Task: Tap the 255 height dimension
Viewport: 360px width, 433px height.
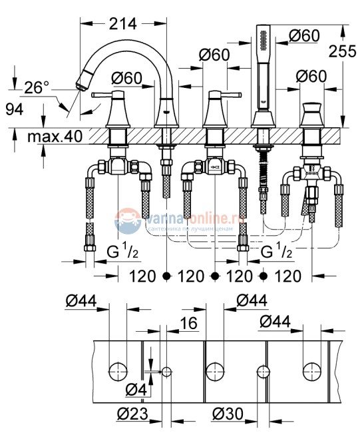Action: [x=345, y=56]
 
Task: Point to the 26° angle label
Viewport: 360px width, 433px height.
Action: [x=37, y=87]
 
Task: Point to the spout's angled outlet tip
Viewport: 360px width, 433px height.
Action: [x=82, y=81]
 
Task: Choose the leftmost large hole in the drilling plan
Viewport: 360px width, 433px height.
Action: [x=118, y=370]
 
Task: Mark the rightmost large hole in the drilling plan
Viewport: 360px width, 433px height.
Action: [x=311, y=370]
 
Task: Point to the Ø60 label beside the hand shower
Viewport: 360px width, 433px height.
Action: [x=305, y=37]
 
